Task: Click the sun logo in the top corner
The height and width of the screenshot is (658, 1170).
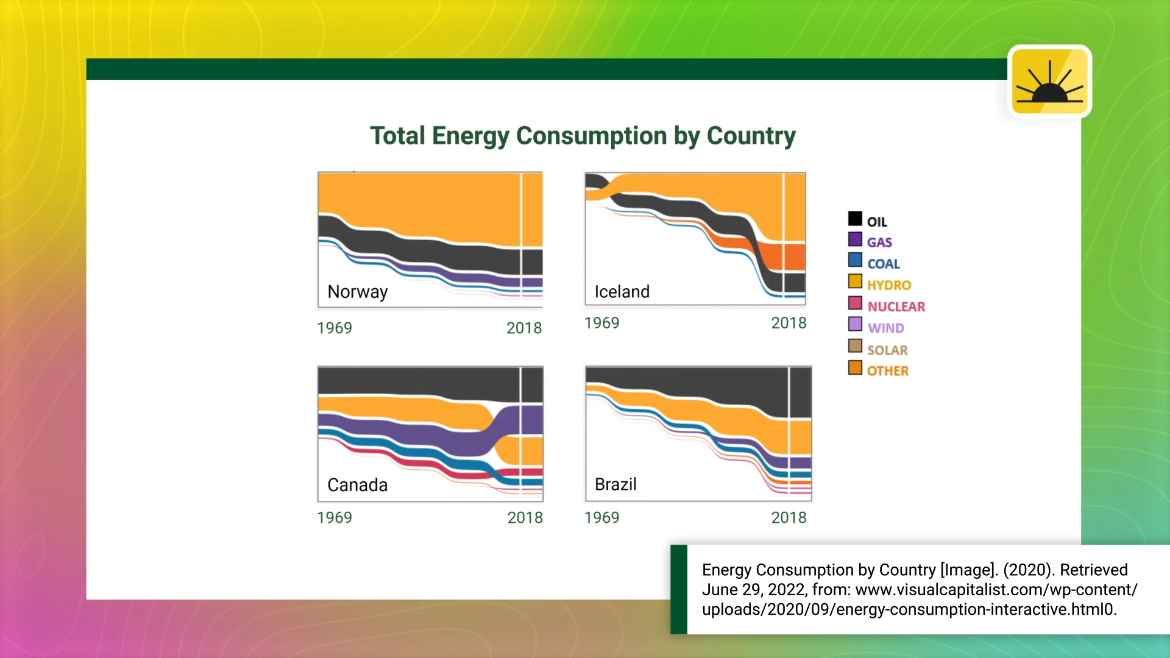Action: tap(1049, 82)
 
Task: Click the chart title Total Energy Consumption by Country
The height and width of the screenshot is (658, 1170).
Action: tap(583, 135)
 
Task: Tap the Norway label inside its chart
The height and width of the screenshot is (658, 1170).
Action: tap(357, 292)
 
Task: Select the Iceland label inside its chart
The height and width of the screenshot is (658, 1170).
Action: tap(622, 292)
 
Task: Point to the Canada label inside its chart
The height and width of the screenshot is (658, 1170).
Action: tap(357, 485)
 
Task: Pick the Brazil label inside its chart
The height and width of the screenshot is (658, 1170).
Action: tap(615, 484)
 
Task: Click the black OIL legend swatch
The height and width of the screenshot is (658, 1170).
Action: tap(855, 219)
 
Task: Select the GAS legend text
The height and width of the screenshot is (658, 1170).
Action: tap(879, 242)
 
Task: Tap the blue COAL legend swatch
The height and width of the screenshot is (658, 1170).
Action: tap(855, 260)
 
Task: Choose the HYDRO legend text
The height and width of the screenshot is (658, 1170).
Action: tap(888, 285)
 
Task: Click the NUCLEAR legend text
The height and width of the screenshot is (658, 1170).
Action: tap(896, 306)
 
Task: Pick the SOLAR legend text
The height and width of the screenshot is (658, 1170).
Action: tap(887, 350)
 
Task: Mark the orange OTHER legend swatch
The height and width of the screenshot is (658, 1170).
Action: tap(855, 367)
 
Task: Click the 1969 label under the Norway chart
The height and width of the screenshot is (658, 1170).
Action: tap(335, 328)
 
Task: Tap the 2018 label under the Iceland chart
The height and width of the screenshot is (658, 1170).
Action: tap(789, 323)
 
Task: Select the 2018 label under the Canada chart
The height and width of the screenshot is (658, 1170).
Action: tap(525, 517)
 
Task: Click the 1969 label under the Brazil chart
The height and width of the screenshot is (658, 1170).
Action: tap(601, 517)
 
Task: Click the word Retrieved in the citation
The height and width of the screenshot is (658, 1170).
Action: tap(1094, 570)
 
